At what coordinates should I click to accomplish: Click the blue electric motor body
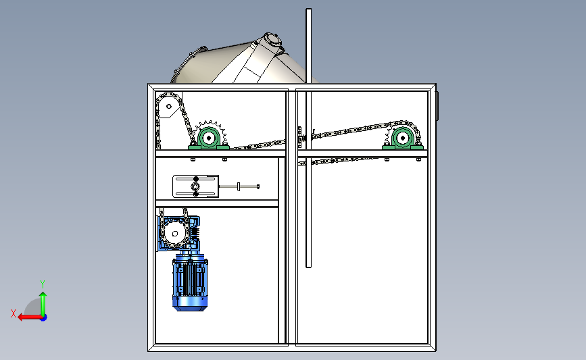click(x=190, y=282)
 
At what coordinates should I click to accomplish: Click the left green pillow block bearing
click(x=209, y=139)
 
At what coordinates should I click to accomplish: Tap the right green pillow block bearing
click(x=403, y=139)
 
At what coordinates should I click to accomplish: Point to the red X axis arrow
click(x=30, y=317)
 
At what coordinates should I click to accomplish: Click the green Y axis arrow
click(x=43, y=304)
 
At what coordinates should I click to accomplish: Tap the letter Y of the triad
click(x=43, y=284)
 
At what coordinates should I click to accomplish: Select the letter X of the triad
click(x=14, y=313)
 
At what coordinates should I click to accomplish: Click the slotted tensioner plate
click(x=195, y=186)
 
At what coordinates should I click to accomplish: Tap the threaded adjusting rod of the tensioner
click(x=239, y=186)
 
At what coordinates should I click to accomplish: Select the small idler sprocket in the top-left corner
click(x=169, y=107)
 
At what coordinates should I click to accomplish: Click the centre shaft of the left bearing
click(x=209, y=138)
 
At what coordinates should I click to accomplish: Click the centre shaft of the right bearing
click(x=403, y=138)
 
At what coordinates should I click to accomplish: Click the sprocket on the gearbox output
click(x=174, y=234)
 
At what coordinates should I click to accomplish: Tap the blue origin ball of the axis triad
click(x=43, y=318)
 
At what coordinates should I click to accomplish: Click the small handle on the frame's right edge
click(x=437, y=106)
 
